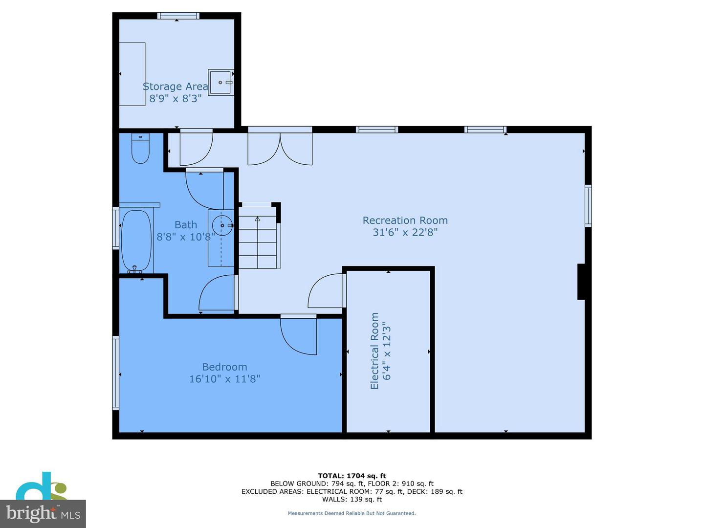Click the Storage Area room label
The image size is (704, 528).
pyautogui.click(x=175, y=87)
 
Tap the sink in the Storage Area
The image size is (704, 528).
pyautogui.click(x=221, y=82)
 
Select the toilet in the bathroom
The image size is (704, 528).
pyautogui.click(x=140, y=149)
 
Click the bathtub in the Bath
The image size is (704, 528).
pyautogui.click(x=136, y=240)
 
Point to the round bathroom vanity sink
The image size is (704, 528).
pyautogui.click(x=222, y=225)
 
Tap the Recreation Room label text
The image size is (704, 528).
pyautogui.click(x=405, y=220)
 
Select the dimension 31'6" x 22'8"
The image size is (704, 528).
pyautogui.click(x=405, y=232)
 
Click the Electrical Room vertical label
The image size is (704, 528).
pyautogui.click(x=374, y=351)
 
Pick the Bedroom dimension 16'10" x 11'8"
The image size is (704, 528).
pyautogui.click(x=224, y=379)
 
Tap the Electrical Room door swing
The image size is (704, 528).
pyautogui.click(x=325, y=291)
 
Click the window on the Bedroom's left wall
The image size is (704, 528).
pyautogui.click(x=116, y=373)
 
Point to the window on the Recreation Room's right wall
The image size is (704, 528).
pyautogui.click(x=588, y=206)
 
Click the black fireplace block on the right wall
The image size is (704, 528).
pyautogui.click(x=582, y=282)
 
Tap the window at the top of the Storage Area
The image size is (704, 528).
pyautogui.click(x=178, y=16)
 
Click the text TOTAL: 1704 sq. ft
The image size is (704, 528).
pyautogui.click(x=352, y=476)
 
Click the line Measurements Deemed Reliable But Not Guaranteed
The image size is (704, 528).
pyautogui.click(x=352, y=513)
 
